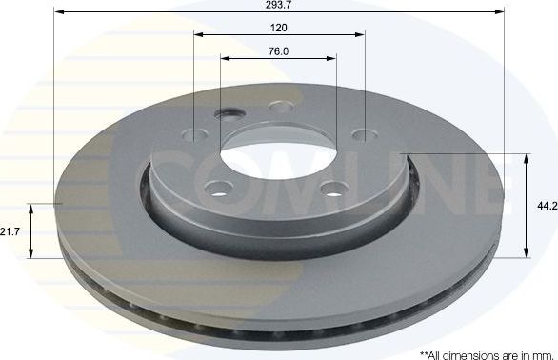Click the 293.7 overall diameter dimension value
278,5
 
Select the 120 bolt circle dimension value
278,28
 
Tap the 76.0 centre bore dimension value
278,51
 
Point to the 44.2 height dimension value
544,204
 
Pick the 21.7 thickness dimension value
10,231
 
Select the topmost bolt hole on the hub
279,107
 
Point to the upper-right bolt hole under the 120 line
363,135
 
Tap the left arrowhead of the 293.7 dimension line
58,13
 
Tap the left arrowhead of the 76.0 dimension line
225,59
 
